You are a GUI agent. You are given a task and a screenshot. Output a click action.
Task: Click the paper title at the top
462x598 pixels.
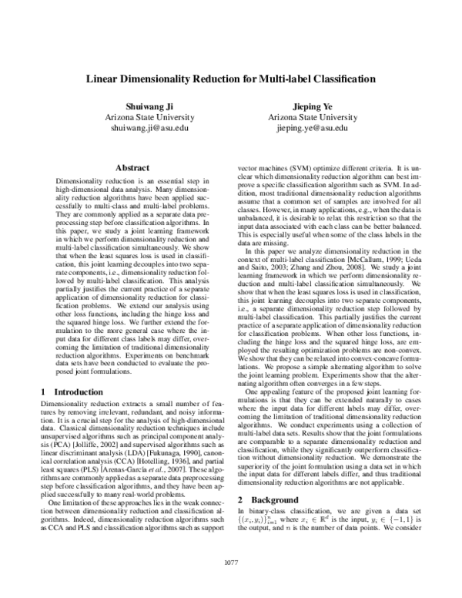[x=230, y=79]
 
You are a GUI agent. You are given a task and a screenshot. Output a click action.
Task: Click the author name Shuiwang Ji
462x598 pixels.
[x=139, y=105]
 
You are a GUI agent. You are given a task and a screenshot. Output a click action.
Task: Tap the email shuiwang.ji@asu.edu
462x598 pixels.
[x=139, y=127]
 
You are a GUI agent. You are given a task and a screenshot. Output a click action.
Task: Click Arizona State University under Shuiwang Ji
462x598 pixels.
[x=139, y=116]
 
